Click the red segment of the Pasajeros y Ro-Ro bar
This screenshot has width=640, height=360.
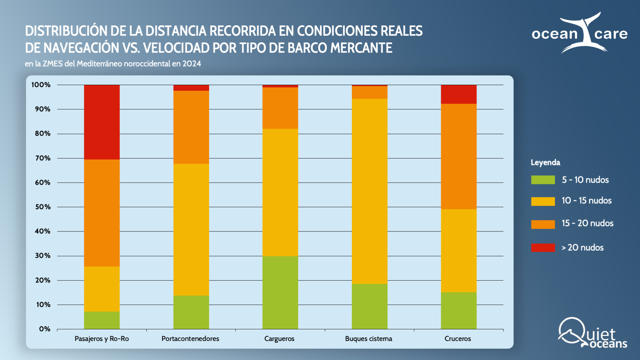click(102, 122)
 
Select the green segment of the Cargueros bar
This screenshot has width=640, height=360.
click(280, 292)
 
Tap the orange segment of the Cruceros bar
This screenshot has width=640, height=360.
click(458, 156)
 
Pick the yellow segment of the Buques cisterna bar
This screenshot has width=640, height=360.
click(369, 191)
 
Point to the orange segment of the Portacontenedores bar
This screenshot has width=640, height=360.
click(191, 127)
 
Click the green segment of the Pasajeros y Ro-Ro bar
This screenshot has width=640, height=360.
click(102, 320)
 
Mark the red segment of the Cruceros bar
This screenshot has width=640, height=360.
click(458, 94)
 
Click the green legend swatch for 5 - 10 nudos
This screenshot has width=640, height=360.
click(543, 180)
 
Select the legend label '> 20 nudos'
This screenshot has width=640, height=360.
click(582, 248)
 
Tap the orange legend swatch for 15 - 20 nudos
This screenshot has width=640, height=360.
click(543, 224)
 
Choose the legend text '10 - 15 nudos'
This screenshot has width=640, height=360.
click(586, 201)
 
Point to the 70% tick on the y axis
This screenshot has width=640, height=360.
click(43, 158)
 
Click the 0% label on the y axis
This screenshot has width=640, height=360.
click(45, 329)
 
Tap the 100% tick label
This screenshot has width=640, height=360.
click(41, 85)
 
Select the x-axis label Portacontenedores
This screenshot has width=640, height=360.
click(190, 339)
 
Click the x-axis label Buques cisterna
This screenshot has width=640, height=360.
click(368, 339)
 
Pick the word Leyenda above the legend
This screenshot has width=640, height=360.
click(545, 163)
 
